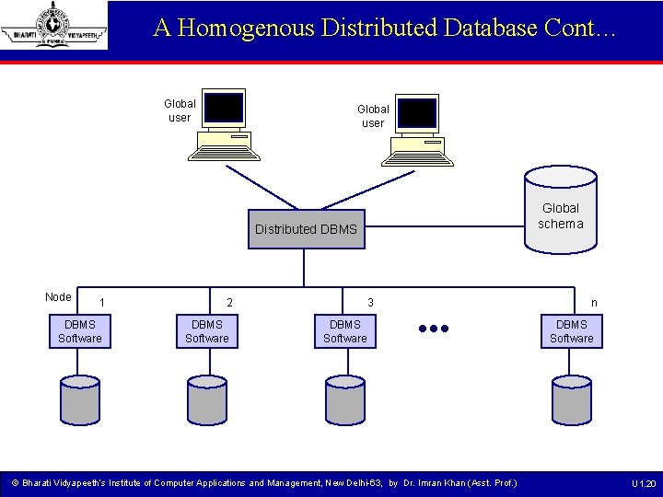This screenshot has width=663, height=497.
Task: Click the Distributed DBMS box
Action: (x=306, y=229)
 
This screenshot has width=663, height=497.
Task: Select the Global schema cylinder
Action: (x=560, y=210)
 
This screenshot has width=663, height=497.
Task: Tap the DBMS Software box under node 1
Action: (x=80, y=331)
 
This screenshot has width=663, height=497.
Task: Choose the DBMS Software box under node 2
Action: (x=207, y=331)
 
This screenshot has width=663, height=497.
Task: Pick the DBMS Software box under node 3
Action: (x=345, y=331)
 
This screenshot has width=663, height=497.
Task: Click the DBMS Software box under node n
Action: (x=572, y=331)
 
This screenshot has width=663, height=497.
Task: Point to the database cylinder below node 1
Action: (x=80, y=399)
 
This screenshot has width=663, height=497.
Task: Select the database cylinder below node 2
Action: (x=207, y=399)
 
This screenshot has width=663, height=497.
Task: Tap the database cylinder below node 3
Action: (x=345, y=399)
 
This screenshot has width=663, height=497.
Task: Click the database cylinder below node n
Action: (x=572, y=399)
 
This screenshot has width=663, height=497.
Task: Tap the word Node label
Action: (x=58, y=296)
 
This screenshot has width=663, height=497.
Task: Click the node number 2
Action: (x=230, y=303)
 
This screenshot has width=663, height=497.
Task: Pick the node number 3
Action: (x=370, y=303)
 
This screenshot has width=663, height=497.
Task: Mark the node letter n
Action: (x=594, y=303)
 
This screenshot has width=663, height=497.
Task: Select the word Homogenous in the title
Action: (x=247, y=28)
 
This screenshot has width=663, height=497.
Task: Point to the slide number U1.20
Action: (x=643, y=483)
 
